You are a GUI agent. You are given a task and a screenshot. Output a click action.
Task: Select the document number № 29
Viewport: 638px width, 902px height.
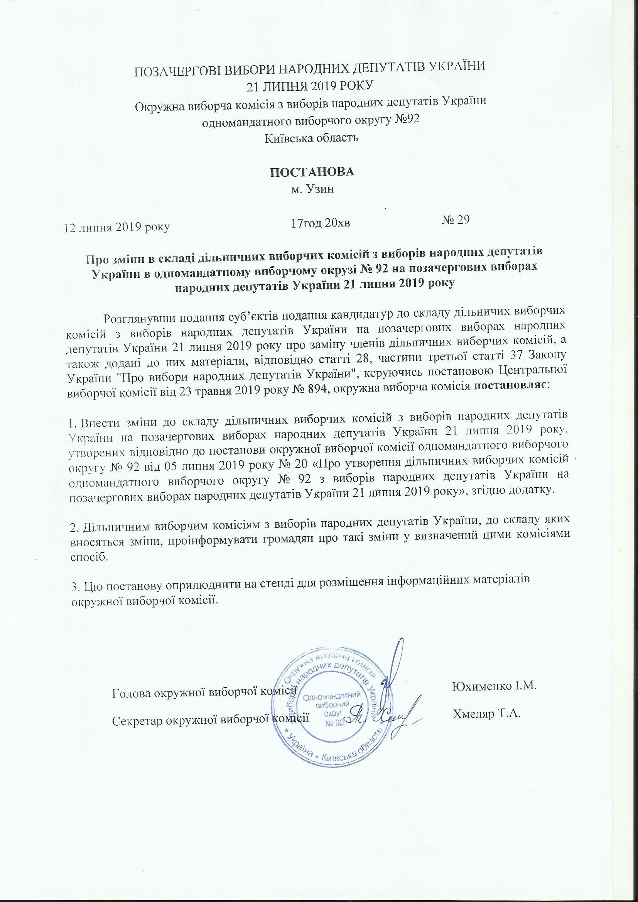pyautogui.click(x=456, y=220)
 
